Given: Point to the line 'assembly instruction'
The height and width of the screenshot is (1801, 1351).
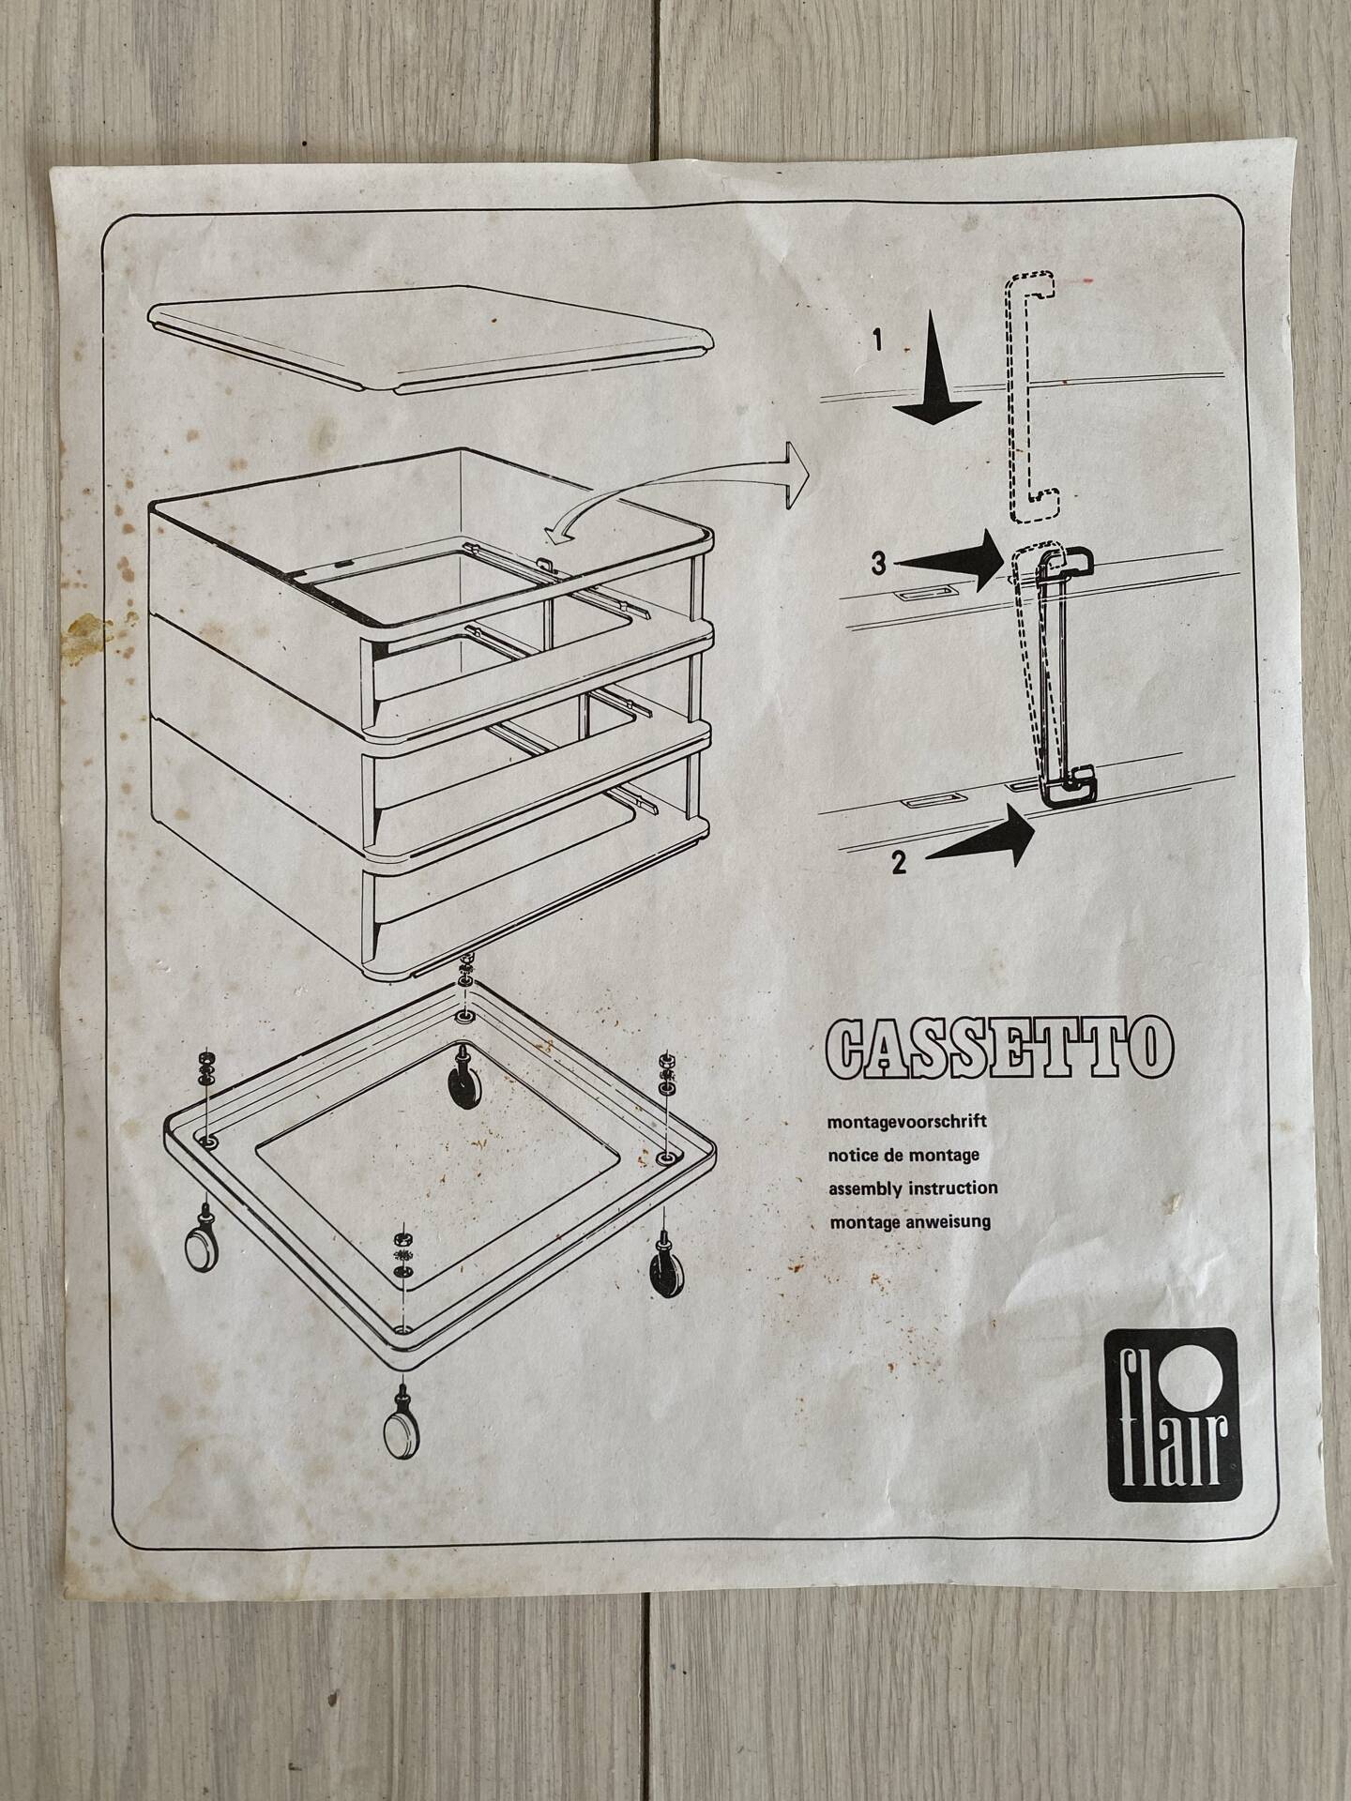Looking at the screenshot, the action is (x=913, y=1188).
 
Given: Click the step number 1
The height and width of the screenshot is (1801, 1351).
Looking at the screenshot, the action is (x=876, y=341).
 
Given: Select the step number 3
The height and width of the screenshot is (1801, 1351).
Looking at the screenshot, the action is (x=877, y=565).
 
